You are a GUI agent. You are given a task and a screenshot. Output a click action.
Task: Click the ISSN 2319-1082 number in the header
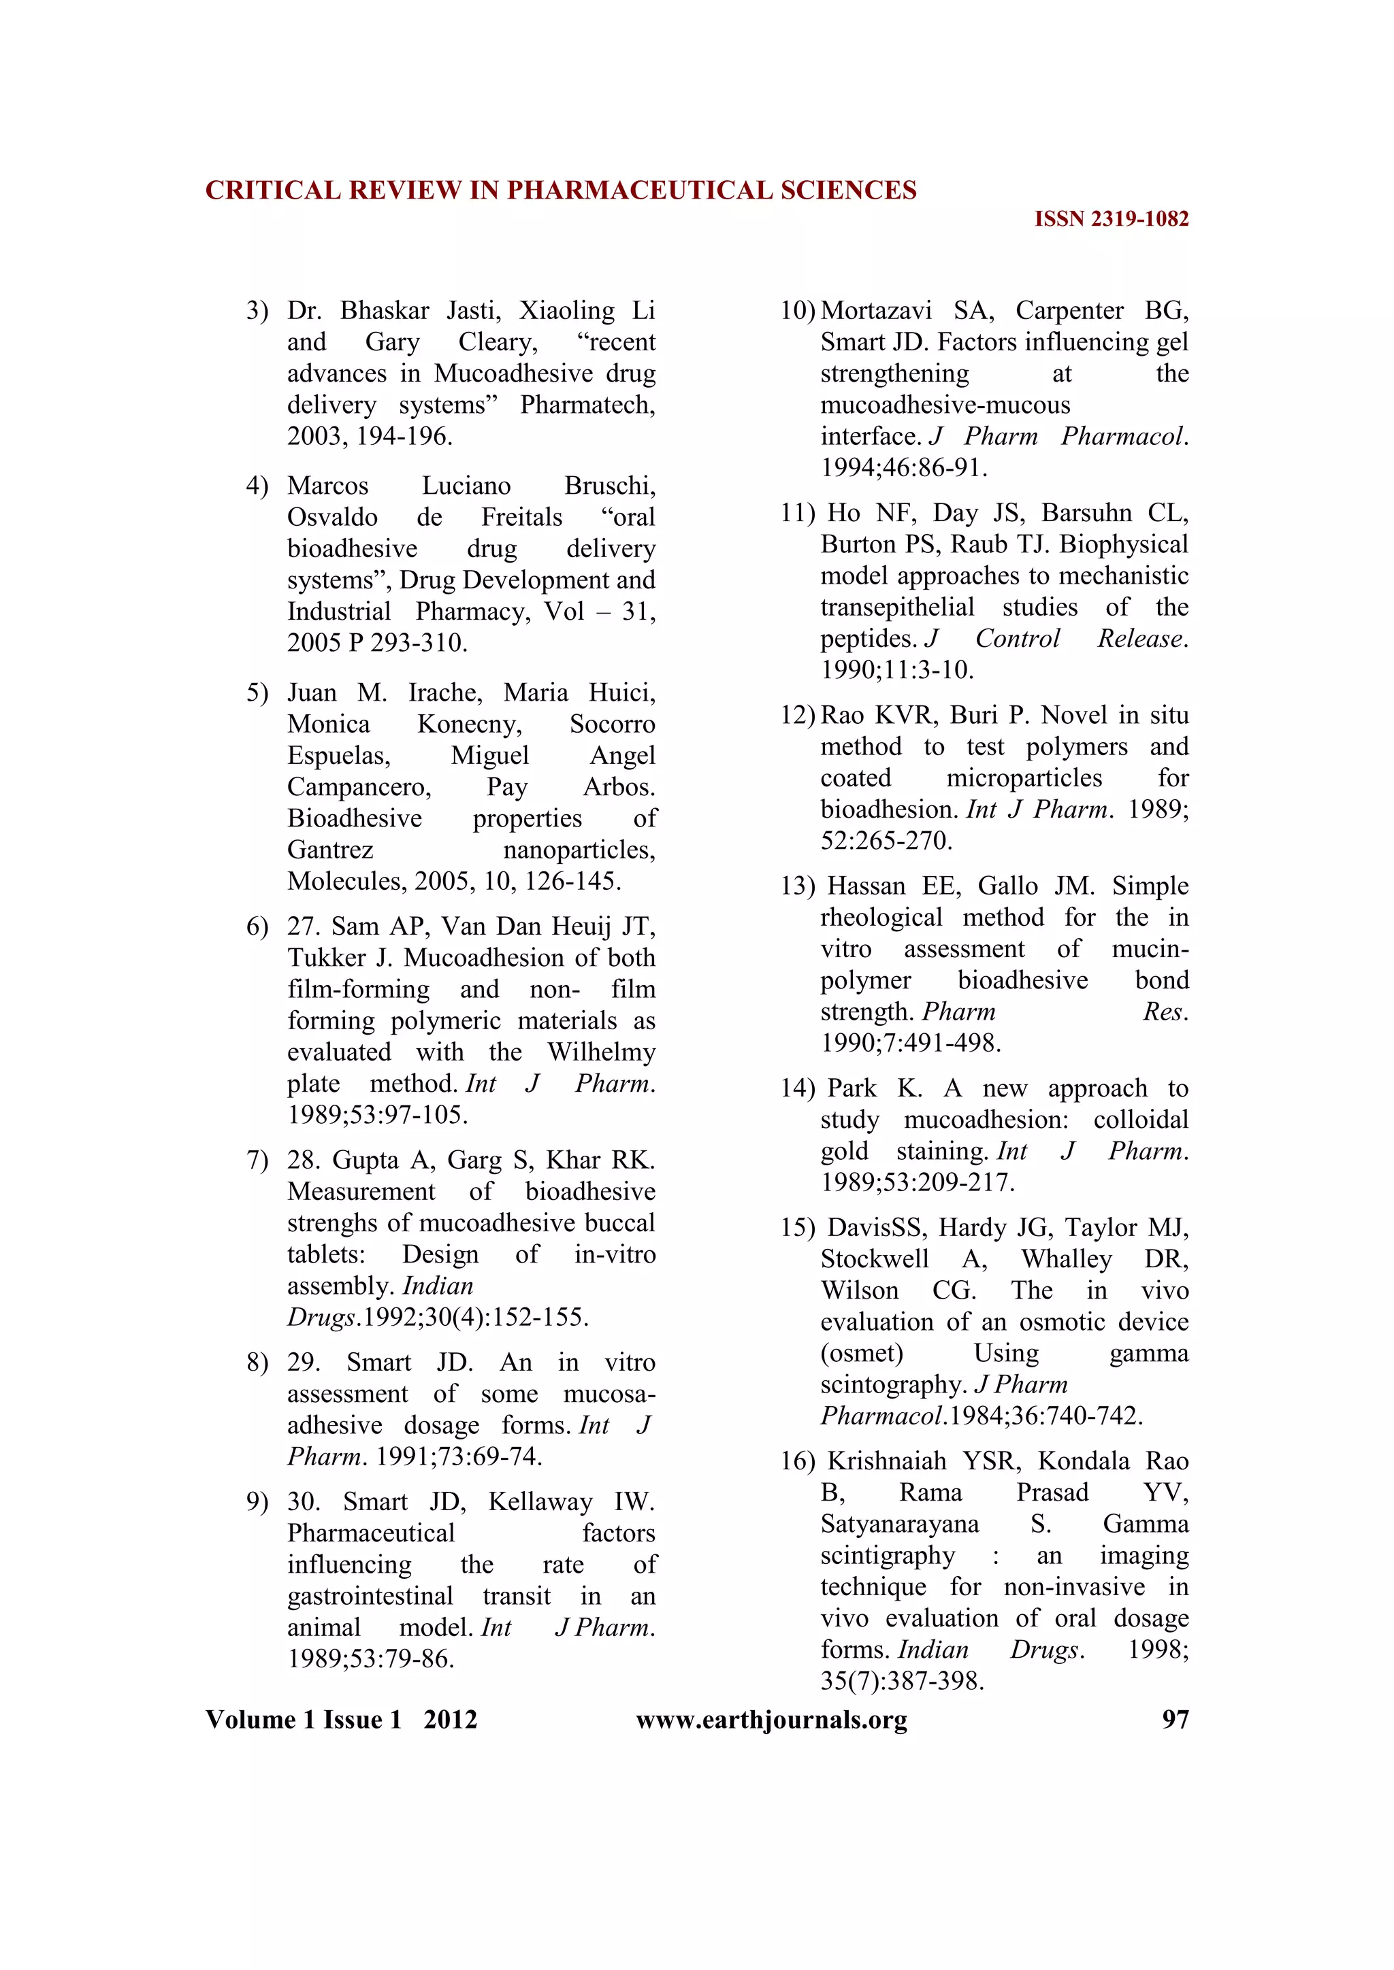point(1112,220)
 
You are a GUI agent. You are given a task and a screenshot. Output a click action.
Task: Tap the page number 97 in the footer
point(1175,1720)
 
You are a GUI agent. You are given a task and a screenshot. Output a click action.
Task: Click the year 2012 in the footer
point(451,1720)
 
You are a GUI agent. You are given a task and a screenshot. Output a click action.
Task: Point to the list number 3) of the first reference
point(257,311)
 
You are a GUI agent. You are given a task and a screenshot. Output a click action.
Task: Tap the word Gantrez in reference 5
point(331,850)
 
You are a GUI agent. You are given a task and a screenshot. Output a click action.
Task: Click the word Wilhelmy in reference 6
point(602,1052)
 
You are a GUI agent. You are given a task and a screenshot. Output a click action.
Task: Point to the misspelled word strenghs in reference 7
point(333,1222)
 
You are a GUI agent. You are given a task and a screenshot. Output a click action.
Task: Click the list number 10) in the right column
point(798,311)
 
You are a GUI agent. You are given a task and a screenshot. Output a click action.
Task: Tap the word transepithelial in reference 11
point(897,607)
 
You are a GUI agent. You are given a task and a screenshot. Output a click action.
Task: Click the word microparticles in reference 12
point(1024,778)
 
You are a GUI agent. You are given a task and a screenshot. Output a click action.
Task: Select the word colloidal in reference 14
point(1141,1120)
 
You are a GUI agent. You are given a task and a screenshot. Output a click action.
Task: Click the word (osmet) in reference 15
point(862,1353)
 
